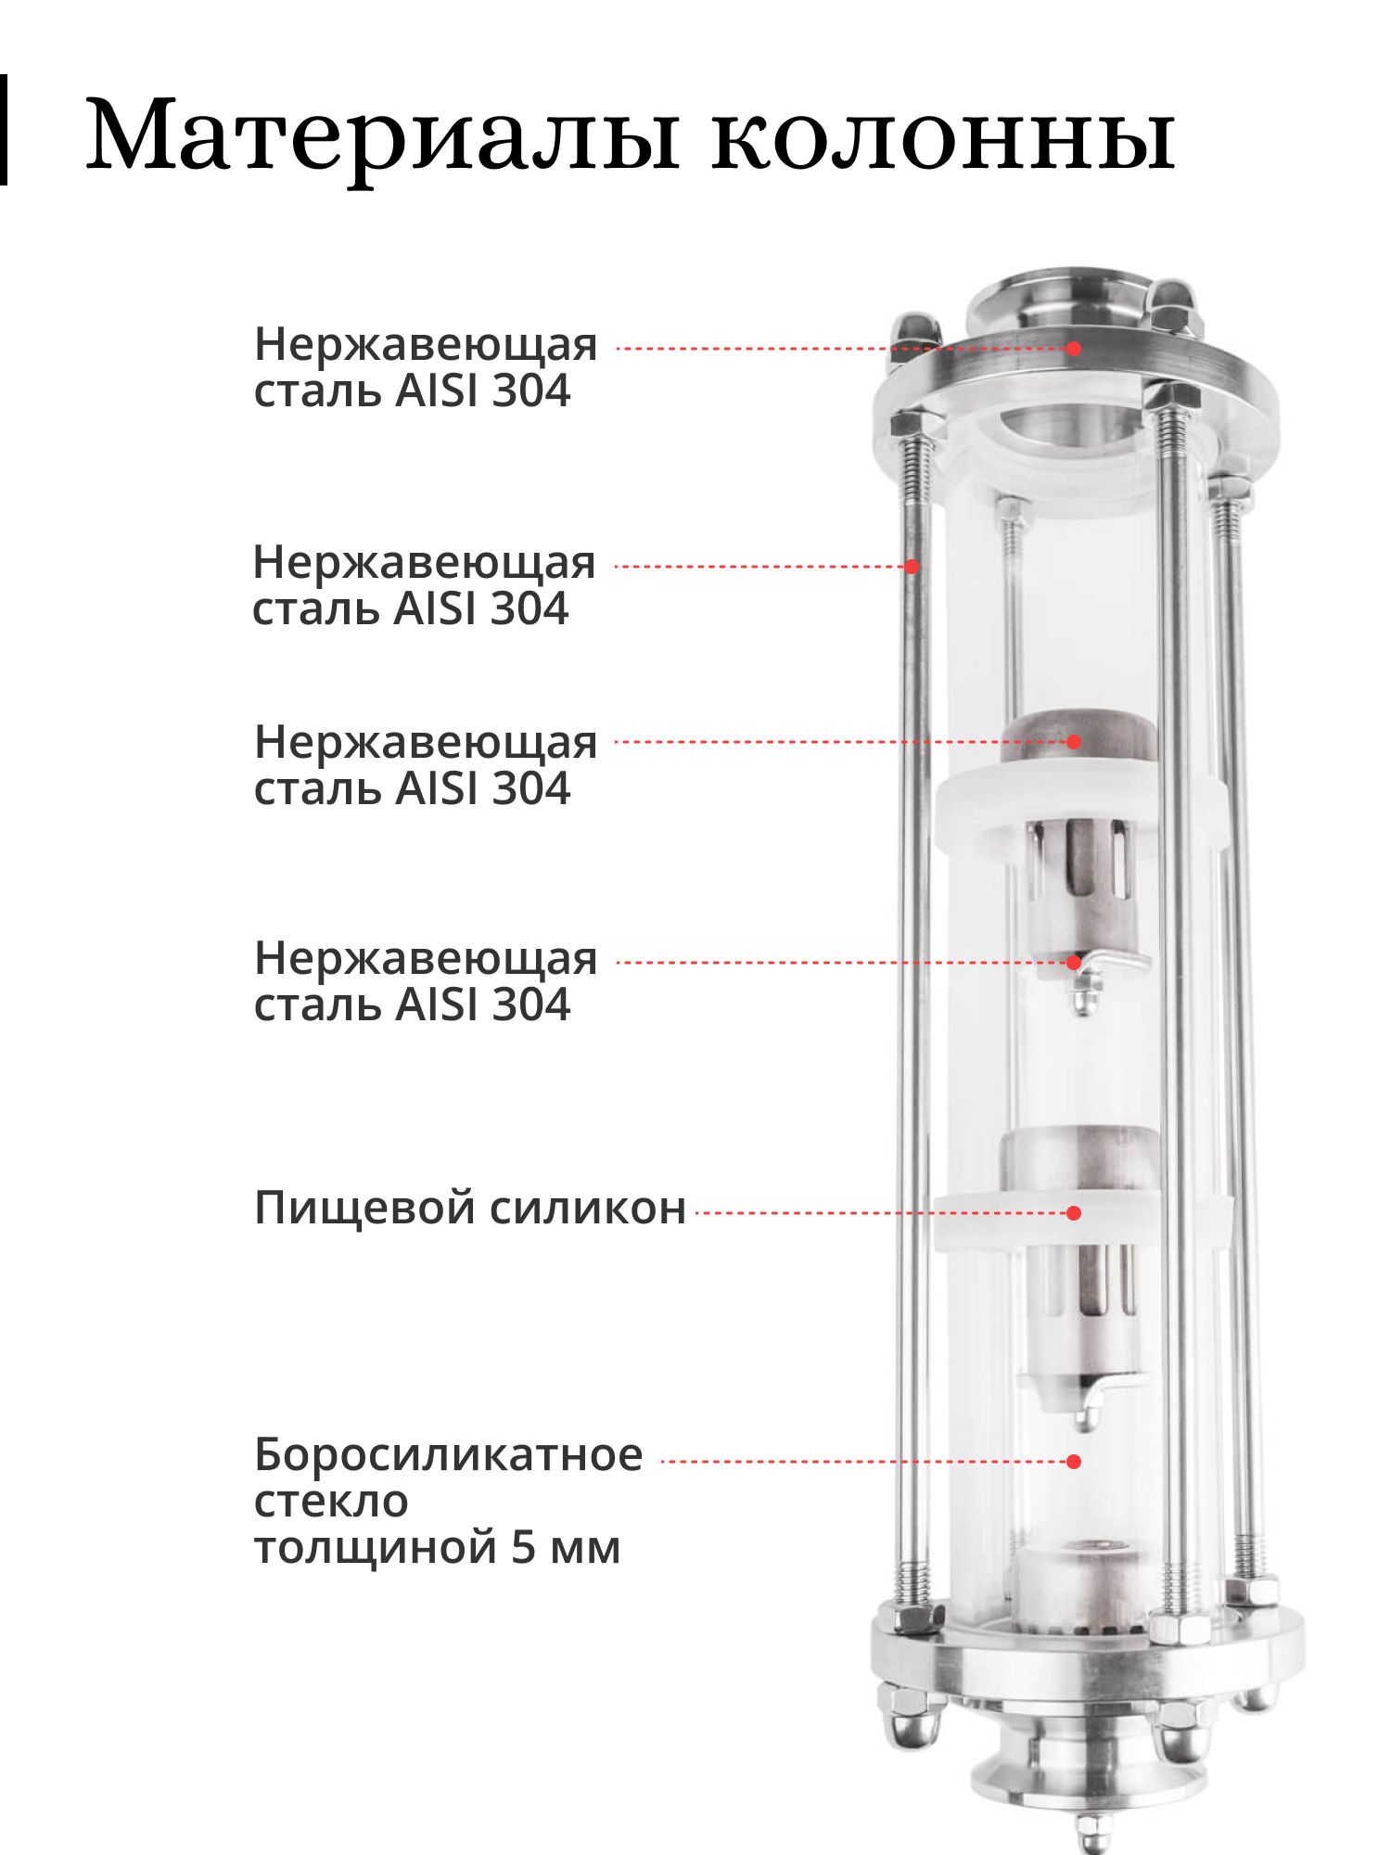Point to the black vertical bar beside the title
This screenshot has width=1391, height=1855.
coord(4,130)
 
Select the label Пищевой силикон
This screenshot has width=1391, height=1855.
coord(469,1209)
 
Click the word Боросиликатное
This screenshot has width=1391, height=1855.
coord(448,1454)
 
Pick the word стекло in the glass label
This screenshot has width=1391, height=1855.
coord(331,1503)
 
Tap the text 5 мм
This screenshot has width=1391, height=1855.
coord(566,1548)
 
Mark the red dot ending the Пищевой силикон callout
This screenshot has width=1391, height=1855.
coord(1074,1212)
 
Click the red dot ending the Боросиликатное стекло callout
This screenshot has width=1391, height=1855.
coord(1074,1462)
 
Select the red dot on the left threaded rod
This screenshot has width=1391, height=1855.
coord(912,566)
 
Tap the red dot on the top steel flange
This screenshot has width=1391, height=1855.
coord(1074,349)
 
